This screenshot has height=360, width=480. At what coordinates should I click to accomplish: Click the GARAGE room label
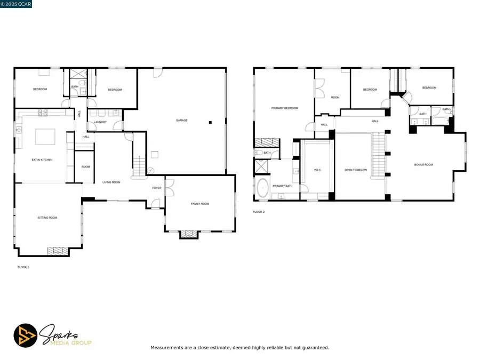(x=181, y=121)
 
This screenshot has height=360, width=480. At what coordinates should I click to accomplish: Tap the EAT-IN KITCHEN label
(x=42, y=160)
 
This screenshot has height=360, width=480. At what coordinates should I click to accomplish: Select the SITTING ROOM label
(x=47, y=218)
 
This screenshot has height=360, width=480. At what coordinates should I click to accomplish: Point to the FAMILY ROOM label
(x=200, y=204)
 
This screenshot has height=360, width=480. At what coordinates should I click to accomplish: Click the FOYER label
(x=157, y=188)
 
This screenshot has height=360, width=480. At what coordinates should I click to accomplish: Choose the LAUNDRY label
(x=100, y=122)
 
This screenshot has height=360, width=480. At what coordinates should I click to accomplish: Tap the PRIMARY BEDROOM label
(x=284, y=108)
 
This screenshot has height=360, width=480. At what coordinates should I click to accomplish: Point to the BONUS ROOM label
(x=423, y=165)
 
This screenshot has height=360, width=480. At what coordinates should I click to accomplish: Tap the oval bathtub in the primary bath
(x=263, y=189)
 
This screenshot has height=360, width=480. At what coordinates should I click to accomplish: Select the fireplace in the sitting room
(x=58, y=251)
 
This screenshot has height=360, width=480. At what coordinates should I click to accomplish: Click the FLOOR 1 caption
(x=23, y=267)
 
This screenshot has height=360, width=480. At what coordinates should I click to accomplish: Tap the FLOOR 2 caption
(x=259, y=212)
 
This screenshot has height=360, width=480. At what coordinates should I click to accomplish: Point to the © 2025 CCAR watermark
(x=17, y=4)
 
